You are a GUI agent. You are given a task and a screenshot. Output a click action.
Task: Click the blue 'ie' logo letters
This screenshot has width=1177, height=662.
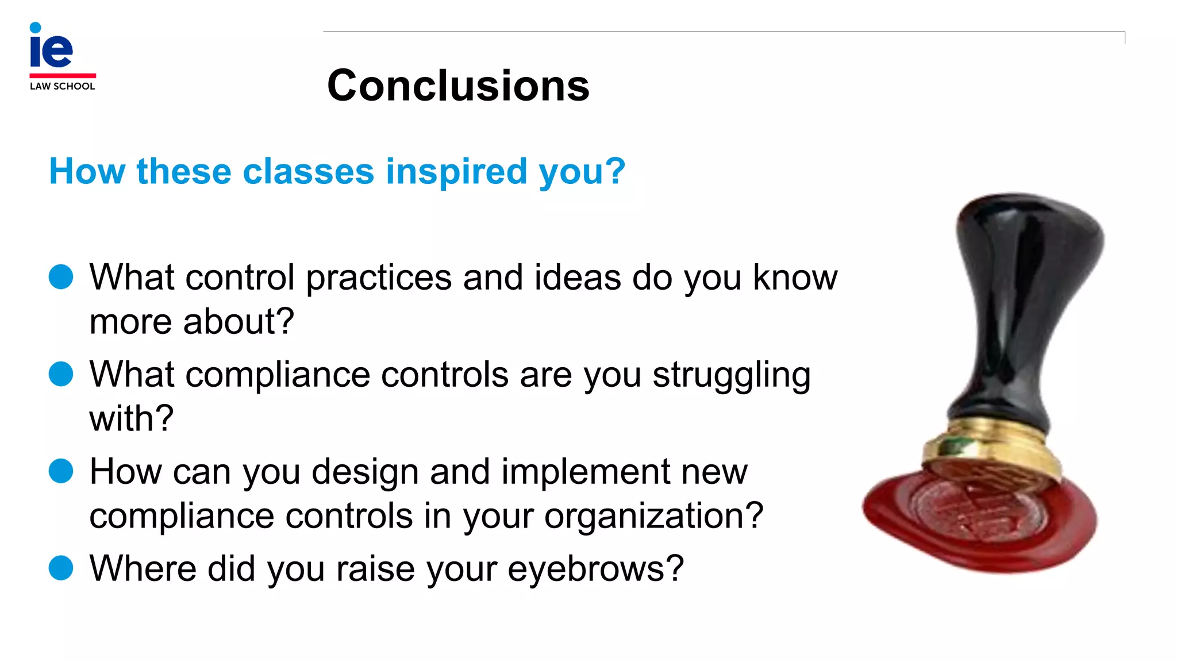tap(51, 48)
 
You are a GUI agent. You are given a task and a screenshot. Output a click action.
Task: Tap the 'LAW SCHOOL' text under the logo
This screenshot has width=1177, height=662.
tap(62, 86)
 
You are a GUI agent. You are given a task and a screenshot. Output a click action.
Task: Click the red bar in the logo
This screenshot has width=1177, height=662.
tap(62, 75)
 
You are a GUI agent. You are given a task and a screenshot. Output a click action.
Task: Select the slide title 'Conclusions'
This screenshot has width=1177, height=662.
tap(458, 86)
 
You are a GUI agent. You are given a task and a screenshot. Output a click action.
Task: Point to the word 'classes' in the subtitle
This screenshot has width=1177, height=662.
tap(308, 172)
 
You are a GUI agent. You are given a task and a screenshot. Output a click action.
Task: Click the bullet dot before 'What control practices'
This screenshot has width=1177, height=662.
tap(61, 277)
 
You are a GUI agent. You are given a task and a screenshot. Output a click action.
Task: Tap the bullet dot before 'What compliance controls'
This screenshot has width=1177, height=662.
tap(61, 374)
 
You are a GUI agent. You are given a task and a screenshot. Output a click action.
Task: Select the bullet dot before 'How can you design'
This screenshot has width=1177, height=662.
tap(61, 471)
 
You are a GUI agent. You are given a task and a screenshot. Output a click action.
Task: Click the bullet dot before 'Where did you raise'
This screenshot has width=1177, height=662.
tap(61, 568)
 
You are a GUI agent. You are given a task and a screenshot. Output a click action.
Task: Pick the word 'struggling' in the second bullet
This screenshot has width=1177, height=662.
tap(731, 376)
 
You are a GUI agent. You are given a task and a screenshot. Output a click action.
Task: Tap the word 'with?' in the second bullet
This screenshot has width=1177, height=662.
tap(131, 418)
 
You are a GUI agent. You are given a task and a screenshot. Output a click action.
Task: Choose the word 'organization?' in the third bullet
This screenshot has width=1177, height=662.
tap(653, 516)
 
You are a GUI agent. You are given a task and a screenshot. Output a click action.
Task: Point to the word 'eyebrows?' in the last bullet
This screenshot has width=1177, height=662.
tap(595, 569)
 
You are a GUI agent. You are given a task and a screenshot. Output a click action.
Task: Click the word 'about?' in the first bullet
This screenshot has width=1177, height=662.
tap(239, 321)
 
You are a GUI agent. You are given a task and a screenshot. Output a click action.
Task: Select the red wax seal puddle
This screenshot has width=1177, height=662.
tap(908, 517)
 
